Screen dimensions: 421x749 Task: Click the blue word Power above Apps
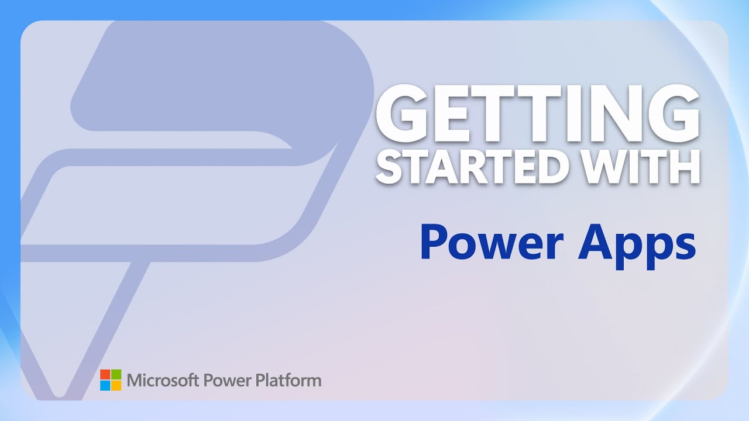pos(492,244)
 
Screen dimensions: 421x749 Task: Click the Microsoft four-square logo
pos(111,380)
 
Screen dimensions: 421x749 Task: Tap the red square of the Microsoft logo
pos(105,375)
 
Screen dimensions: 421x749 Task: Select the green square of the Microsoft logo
pos(116,375)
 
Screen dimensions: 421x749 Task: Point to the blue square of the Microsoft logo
pos(105,385)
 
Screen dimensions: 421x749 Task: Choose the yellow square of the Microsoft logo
pos(116,385)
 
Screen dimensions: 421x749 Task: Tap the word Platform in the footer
pos(288,381)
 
